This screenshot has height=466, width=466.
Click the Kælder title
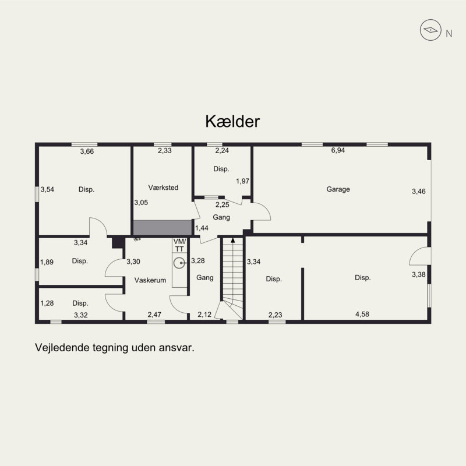[x=232, y=121]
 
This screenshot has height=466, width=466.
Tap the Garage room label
[x=338, y=189]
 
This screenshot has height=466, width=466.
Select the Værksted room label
[x=163, y=188]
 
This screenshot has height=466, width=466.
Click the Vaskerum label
[x=150, y=280]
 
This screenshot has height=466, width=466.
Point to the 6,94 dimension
[x=338, y=150]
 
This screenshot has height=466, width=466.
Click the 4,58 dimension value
[x=362, y=314]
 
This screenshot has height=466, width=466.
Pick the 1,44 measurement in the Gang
[x=202, y=228]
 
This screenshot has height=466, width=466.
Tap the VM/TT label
[x=179, y=245]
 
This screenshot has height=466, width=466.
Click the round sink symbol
[x=179, y=263]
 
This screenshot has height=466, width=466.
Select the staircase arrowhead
[x=232, y=240]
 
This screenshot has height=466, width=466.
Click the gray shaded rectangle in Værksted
[x=163, y=228]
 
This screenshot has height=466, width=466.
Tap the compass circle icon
[x=430, y=30]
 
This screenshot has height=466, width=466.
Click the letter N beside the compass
[x=449, y=34]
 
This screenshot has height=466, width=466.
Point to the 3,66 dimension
[x=87, y=151]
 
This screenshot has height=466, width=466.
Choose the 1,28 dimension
[x=47, y=303]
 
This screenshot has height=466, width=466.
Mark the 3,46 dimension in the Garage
[x=418, y=192]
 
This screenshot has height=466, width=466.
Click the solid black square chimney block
[x=118, y=242]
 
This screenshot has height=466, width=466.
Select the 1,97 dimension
[x=242, y=181]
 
